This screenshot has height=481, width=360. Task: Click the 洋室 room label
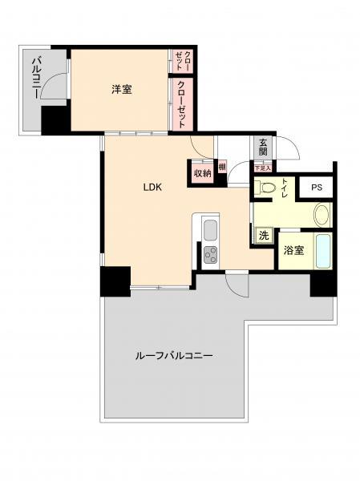pyautogui.click(x=122, y=89)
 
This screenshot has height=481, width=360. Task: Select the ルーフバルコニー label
pyautogui.click(x=174, y=355)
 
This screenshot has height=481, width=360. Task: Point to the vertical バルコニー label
pyautogui.click(x=36, y=77)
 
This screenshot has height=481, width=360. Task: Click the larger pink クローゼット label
pyautogui.click(x=183, y=103)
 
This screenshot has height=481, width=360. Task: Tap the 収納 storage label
pyautogui.click(x=201, y=173)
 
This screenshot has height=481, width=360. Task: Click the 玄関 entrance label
pyautogui.click(x=262, y=148)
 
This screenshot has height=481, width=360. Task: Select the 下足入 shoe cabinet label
pyautogui.click(x=261, y=168)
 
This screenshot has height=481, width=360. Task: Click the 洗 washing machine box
pyautogui.click(x=262, y=236)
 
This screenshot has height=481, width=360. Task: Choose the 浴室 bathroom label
pyautogui.click(x=293, y=250)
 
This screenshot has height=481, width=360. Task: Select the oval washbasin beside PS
pyautogui.click(x=321, y=215)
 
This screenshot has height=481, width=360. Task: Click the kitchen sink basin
pyautogui.click(x=211, y=230)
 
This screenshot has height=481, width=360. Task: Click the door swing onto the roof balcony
pyautogui.click(x=237, y=281)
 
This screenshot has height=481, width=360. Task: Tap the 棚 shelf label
pyautogui.click(x=221, y=167)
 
